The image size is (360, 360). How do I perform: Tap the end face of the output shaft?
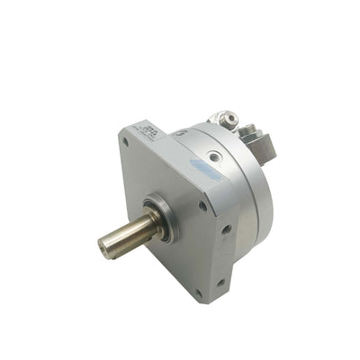[106, 245]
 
